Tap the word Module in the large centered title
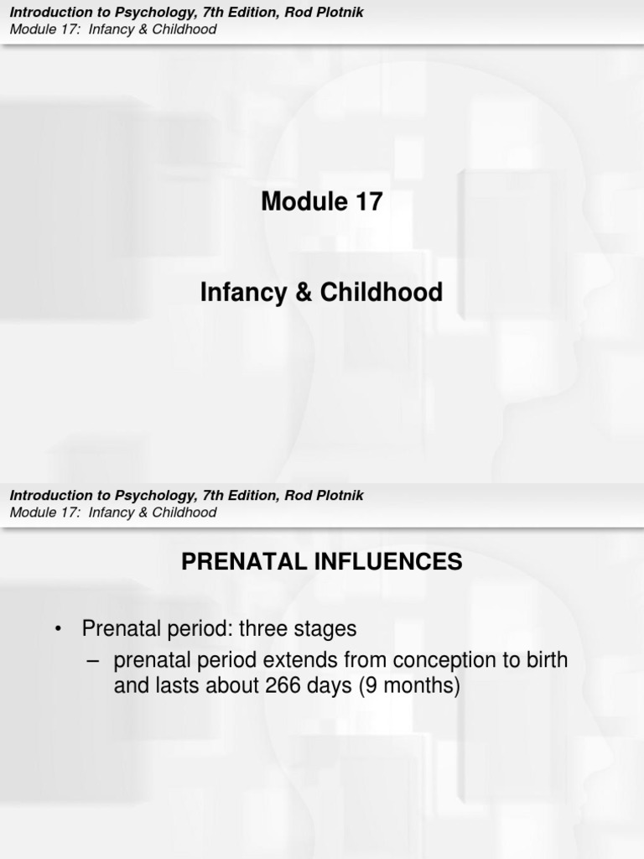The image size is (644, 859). tap(303, 202)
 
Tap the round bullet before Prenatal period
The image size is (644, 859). tap(58, 629)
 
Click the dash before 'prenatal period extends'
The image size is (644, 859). tap(93, 661)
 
